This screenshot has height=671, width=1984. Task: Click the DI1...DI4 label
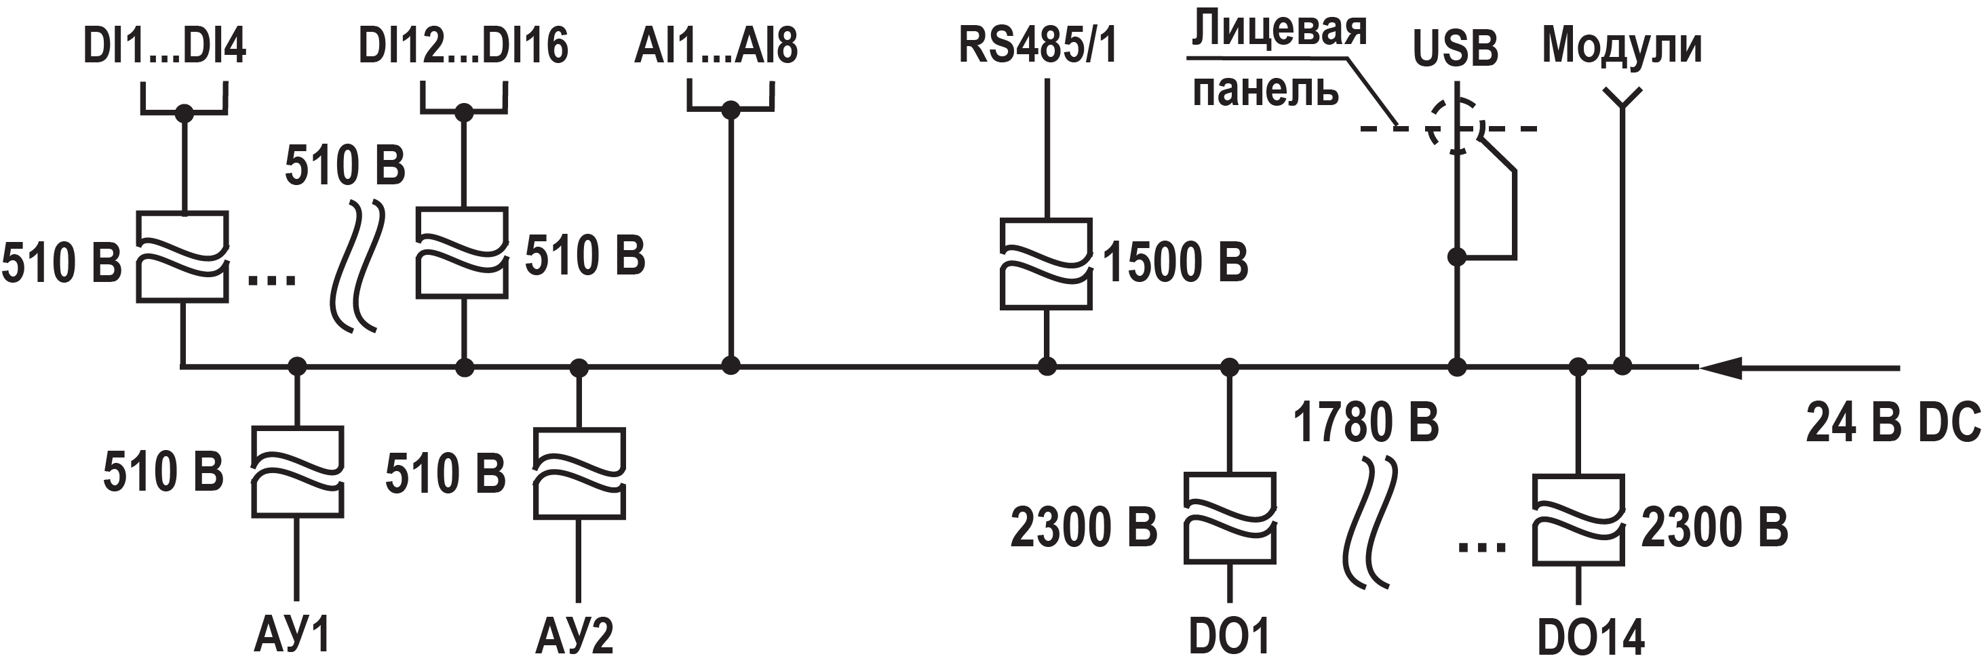(164, 46)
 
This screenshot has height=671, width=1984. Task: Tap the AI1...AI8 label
(716, 46)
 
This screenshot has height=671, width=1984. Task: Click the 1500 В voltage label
(1175, 263)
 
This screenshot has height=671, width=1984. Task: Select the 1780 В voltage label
(1365, 423)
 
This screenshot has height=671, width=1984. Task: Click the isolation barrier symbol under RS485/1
(1046, 264)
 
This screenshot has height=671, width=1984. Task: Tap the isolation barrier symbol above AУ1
(297, 471)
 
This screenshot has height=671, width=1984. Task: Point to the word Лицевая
(1279, 30)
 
